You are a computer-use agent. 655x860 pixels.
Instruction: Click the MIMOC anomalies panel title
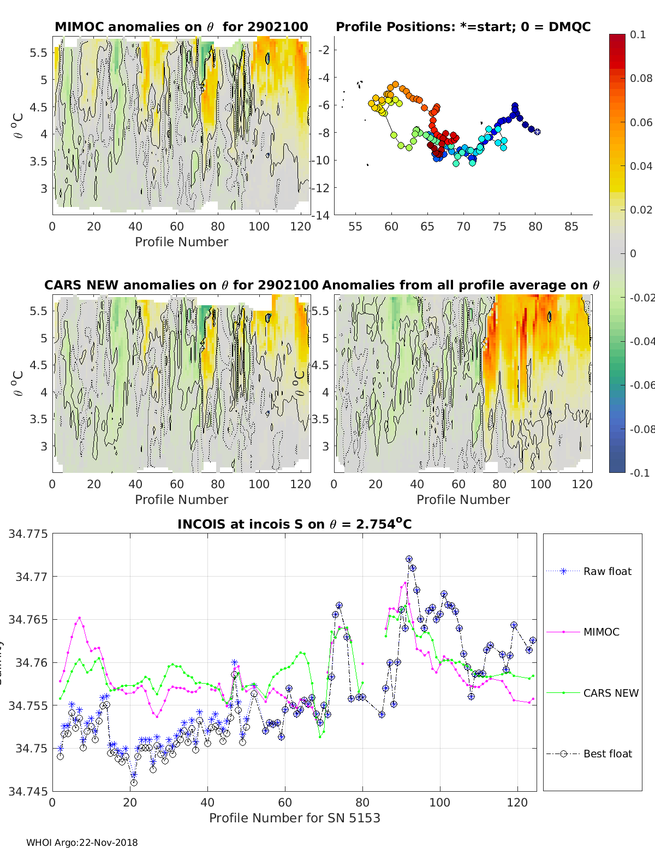181,27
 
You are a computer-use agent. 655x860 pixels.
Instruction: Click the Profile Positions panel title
463,27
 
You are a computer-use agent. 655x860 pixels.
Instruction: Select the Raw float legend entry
607,571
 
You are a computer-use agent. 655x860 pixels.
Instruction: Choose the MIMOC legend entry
601,632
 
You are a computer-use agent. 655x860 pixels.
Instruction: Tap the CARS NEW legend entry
610,693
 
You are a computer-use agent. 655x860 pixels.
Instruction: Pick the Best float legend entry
607,754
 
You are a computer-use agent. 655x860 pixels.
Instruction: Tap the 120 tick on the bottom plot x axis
517,802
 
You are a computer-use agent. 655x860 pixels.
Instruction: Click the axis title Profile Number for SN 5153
294,818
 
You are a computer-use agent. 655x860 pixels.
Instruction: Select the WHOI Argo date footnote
82,843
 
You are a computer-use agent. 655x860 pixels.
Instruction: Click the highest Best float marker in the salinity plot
409,559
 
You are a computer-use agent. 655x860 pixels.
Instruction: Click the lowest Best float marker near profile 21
134,782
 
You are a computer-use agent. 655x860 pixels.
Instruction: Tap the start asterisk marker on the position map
537,131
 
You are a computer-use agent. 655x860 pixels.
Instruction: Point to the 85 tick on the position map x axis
571,227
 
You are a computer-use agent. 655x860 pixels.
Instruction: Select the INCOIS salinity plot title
294,524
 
